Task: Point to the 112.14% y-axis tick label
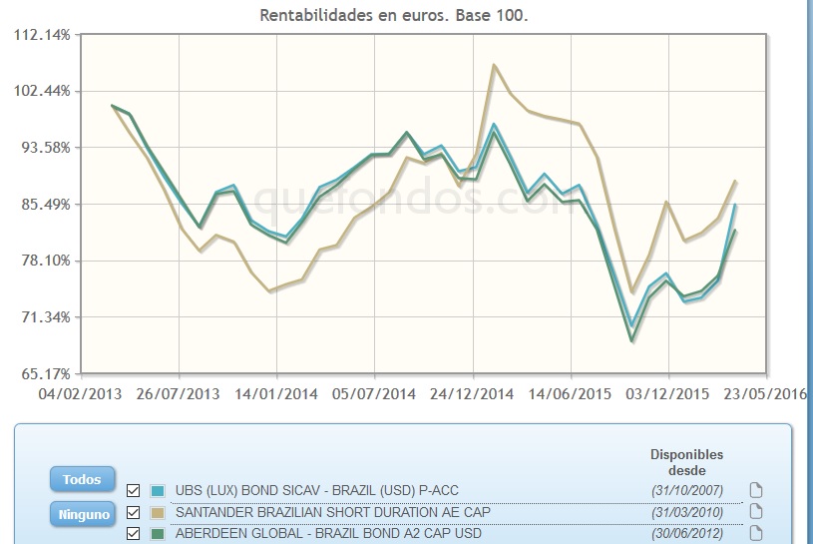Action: [43, 34]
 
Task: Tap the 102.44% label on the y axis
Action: [43, 91]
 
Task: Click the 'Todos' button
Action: [82, 479]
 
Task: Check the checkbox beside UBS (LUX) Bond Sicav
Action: [134, 490]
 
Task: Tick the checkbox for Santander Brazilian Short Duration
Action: [134, 512]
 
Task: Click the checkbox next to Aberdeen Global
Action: [134, 534]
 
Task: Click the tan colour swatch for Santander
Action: [158, 512]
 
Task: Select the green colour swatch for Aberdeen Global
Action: [158, 534]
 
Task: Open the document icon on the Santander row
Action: [755, 512]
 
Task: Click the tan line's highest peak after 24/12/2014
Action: [494, 66]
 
